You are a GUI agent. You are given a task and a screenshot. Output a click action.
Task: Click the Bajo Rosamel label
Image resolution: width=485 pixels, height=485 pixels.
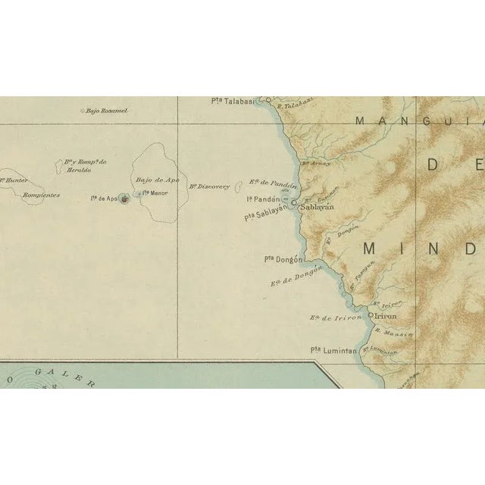pyautogui.click(x=107, y=111)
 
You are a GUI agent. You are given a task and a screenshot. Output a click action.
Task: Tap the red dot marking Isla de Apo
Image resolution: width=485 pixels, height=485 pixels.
pyautogui.click(x=124, y=199)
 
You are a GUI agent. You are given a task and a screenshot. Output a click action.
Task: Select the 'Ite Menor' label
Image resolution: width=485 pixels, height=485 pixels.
pyautogui.click(x=154, y=193)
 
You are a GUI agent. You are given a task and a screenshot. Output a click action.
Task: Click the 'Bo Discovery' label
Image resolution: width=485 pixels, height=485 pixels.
pyautogui.click(x=209, y=186)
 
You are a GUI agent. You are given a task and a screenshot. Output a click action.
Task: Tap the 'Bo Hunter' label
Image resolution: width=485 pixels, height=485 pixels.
pyautogui.click(x=14, y=180)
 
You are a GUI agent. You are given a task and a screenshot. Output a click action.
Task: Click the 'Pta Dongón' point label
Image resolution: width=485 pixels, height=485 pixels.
pyautogui.click(x=280, y=258)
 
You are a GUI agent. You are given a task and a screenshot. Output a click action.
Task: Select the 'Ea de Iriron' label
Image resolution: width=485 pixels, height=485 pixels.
pyautogui.click(x=333, y=319)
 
